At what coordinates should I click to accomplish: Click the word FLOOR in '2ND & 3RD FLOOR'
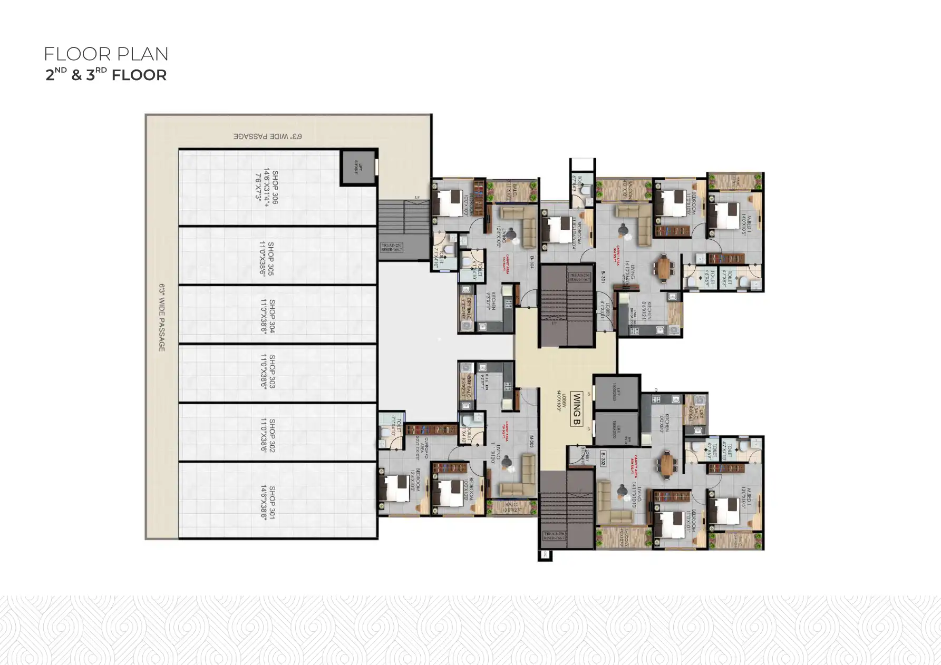pyautogui.click(x=139, y=75)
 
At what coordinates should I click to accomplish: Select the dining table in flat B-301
pyautogui.click(x=664, y=267)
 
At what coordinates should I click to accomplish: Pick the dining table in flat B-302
pyautogui.click(x=667, y=464)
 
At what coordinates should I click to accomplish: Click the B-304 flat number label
pyautogui.click(x=532, y=262)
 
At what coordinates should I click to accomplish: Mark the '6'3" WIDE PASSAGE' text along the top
pyautogui.click(x=268, y=136)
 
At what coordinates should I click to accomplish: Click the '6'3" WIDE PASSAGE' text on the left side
pyautogui.click(x=162, y=317)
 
